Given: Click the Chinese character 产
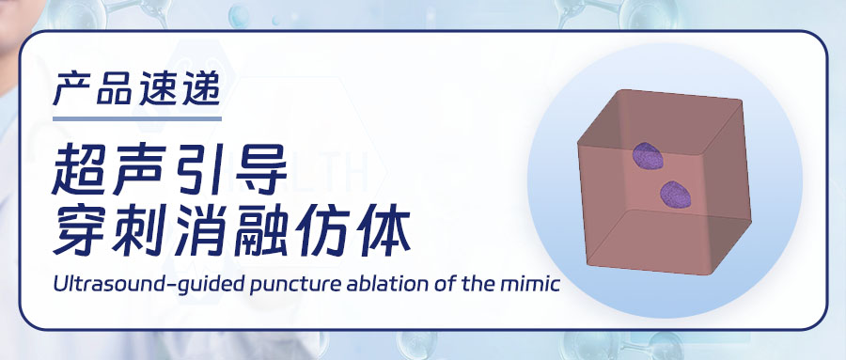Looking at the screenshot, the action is coord(71,88).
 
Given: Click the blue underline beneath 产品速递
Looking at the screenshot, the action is coord(137,118).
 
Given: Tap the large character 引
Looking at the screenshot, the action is coord(198,170).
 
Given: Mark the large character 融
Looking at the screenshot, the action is coord(261,230).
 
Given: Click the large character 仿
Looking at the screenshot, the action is coord(322,230).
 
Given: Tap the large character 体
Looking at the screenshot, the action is coord(384,230).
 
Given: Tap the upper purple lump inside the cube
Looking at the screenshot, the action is coord(648,156).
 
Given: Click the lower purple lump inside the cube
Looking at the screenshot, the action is coord(676,195).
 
